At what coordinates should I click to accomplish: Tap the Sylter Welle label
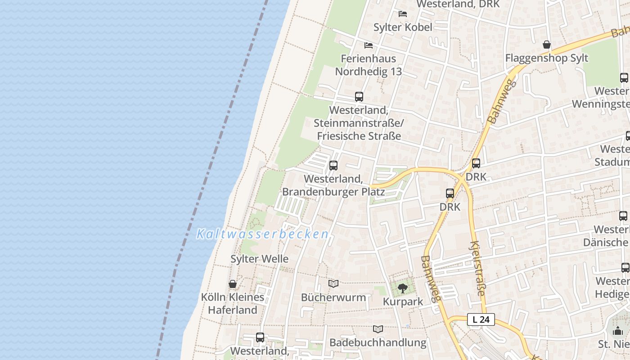259,259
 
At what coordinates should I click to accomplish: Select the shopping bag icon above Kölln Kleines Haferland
233,284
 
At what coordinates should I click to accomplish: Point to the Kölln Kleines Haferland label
233,304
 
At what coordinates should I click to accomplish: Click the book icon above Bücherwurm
333,283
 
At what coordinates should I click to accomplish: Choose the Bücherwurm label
333,297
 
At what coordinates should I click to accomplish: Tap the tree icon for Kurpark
403,288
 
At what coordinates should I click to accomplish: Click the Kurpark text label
403,301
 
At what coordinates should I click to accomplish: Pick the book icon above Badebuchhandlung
378,329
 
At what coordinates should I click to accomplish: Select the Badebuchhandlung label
378,342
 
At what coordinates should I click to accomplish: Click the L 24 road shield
481,319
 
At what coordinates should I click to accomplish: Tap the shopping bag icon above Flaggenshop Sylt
546,45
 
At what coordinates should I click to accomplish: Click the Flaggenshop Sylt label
546,58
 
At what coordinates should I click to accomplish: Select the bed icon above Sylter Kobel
403,14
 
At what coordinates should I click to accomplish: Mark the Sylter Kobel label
403,27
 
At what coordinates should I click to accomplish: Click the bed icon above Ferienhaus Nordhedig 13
369,45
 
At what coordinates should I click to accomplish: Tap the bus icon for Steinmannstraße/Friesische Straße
359,97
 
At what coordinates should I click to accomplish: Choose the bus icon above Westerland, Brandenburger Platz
333,166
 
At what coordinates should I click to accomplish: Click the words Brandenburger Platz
333,192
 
